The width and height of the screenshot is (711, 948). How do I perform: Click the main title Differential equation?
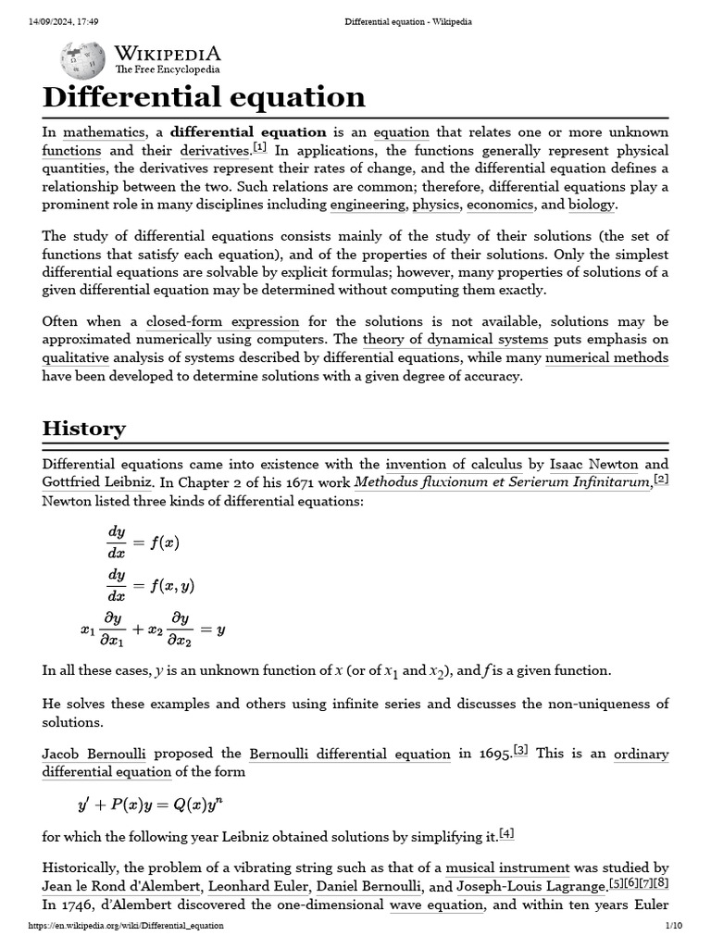click(204, 97)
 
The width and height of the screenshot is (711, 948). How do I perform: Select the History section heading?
click(84, 429)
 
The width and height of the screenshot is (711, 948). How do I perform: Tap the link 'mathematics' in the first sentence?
click(104, 132)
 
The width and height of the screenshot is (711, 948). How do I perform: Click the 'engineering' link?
click(368, 205)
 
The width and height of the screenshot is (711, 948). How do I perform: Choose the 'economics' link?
click(500, 205)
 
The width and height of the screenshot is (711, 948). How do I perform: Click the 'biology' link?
click(591, 205)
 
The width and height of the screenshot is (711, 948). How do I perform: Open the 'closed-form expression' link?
click(222, 322)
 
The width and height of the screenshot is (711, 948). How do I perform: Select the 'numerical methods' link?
click(606, 358)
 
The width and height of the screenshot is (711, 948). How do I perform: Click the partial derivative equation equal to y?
click(153, 630)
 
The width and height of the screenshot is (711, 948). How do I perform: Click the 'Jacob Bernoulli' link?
click(94, 754)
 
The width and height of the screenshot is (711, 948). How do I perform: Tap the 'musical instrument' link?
click(507, 868)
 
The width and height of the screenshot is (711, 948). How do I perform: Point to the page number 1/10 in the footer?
click(673, 926)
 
